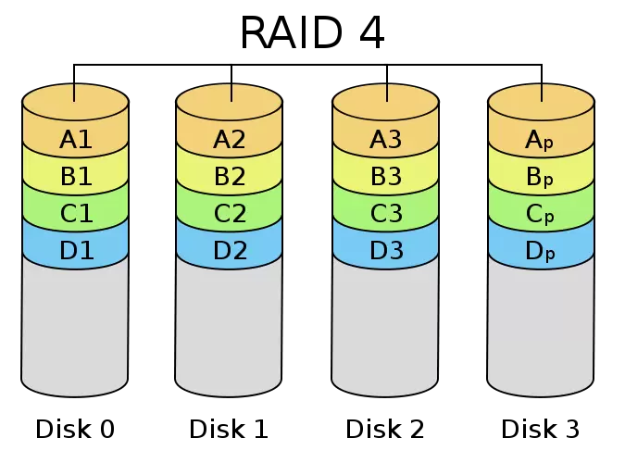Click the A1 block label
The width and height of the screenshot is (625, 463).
[75, 140]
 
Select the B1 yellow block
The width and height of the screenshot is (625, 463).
[75, 177]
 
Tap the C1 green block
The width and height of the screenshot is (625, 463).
[75, 214]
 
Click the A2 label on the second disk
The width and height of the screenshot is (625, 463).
[229, 140]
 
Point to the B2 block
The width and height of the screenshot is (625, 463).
[229, 177]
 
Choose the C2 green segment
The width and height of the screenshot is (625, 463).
[229, 214]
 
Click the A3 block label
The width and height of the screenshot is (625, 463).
[385, 140]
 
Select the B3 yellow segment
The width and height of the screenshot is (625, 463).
[385, 177]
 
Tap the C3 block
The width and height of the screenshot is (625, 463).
[385, 214]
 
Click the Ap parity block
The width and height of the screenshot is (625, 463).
[541, 140]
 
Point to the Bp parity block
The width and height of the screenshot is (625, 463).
[541, 177]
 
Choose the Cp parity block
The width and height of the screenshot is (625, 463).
[541, 214]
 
